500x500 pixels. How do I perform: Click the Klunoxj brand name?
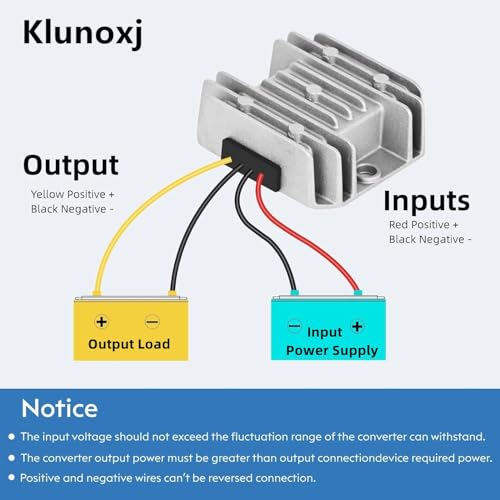pyautogui.click(x=83, y=33)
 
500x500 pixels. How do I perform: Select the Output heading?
pyautogui.click(x=71, y=166)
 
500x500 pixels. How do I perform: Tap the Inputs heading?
pyautogui.click(x=427, y=201)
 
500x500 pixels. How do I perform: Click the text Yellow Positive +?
pyautogui.click(x=73, y=194)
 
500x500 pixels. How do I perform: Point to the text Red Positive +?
pyautogui.click(x=424, y=225)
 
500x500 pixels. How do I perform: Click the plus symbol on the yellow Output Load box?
pyautogui.click(x=101, y=322)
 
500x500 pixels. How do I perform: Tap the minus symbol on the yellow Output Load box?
pyautogui.click(x=152, y=322)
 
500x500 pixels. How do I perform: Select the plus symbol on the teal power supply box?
pyautogui.click(x=357, y=327)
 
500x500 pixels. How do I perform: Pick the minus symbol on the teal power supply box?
pyautogui.click(x=295, y=325)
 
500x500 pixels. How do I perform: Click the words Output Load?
pyautogui.click(x=129, y=344)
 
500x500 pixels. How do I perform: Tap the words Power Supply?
pyautogui.click(x=332, y=351)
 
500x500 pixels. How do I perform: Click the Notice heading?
pyautogui.click(x=60, y=408)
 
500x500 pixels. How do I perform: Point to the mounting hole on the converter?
pyautogui.click(x=368, y=171)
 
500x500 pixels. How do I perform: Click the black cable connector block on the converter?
pyautogui.click(x=252, y=165)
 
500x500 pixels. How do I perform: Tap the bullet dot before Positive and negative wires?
pyautogui.click(x=12, y=478)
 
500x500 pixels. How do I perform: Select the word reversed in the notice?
pyautogui.click(x=225, y=478)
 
